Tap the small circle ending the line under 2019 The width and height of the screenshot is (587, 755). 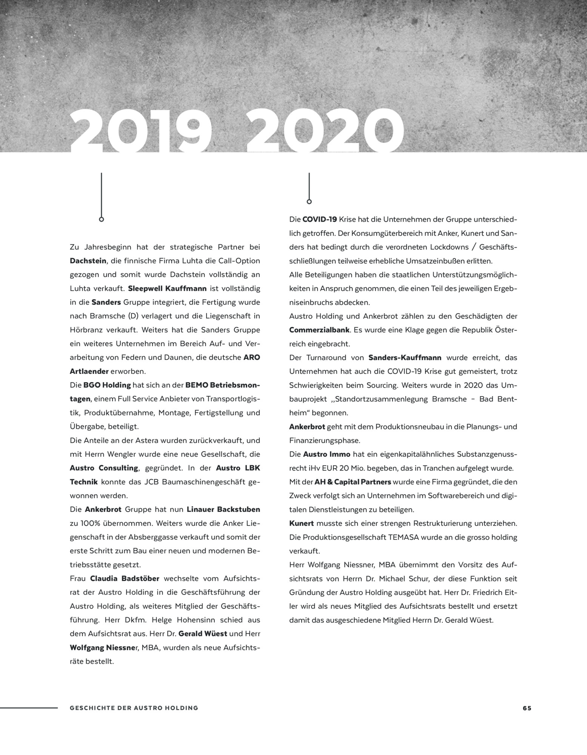point(101,219)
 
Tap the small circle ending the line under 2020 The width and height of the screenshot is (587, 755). point(309,202)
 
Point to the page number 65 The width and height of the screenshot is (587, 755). point(527,708)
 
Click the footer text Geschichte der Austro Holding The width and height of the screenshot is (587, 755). point(134,708)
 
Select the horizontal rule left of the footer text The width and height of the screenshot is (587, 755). point(29,708)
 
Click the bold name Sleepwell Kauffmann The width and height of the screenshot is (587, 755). point(167,289)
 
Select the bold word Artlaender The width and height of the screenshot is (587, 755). point(89,371)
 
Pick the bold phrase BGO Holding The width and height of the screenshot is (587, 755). point(107,385)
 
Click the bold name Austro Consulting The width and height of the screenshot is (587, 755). point(104,468)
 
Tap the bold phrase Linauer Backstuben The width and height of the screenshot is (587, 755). point(223,510)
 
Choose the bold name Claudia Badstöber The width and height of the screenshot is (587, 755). point(125,579)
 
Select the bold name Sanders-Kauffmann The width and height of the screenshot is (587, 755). point(405,357)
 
